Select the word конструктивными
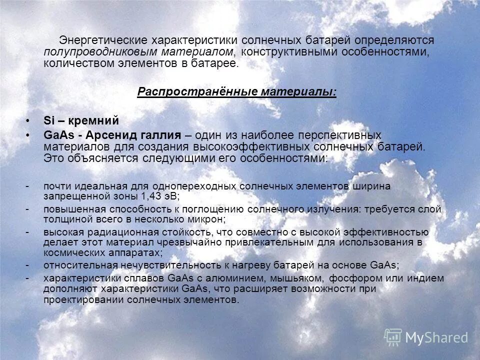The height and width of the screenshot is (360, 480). coord(282,51)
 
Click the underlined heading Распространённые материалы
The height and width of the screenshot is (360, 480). coord(237,91)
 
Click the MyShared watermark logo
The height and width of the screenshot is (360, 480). coord(426,337)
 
